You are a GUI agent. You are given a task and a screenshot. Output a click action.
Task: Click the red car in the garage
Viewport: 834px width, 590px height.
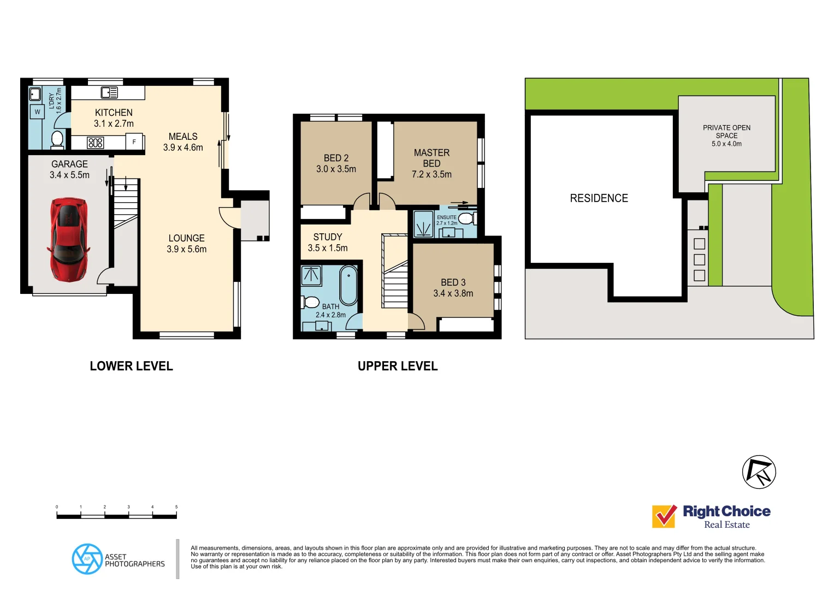[68, 240]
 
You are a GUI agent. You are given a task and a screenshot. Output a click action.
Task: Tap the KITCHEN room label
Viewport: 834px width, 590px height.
[114, 113]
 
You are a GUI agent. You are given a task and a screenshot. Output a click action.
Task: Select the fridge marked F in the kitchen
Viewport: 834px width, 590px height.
[134, 142]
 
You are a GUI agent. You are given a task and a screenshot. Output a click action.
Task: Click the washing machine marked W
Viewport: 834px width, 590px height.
[38, 112]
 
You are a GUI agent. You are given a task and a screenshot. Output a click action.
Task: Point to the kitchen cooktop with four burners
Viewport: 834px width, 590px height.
[96, 143]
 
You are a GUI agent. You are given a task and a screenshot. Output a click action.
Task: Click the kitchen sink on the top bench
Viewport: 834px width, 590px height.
[109, 92]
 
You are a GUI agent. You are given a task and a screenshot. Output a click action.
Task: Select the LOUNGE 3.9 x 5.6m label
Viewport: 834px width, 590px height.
[186, 244]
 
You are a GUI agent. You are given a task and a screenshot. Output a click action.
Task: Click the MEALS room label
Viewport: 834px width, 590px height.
[183, 137]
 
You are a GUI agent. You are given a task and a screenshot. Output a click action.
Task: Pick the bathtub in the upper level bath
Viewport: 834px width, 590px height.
[348, 285]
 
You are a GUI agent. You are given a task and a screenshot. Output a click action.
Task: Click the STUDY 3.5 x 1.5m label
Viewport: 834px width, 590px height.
[328, 243]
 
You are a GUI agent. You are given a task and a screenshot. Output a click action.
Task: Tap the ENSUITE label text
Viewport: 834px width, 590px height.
[446, 217]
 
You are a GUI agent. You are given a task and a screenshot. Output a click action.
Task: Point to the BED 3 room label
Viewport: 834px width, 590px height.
[453, 282]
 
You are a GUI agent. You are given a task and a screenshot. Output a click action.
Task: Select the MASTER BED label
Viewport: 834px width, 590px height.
[431, 158]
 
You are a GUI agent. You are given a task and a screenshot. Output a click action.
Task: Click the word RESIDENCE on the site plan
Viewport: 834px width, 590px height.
[599, 198]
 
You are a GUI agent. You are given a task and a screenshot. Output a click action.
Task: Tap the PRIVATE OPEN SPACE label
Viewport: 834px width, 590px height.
[726, 132]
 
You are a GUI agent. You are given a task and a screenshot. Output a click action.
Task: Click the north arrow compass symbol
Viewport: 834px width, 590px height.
[759, 472]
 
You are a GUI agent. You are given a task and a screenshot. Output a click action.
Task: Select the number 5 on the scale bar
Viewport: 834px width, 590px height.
[176, 507]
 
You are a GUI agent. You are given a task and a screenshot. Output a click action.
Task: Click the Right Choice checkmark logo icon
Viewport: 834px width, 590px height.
[665, 516]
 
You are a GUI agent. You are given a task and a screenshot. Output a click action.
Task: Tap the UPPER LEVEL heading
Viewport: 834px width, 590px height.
[398, 367]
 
